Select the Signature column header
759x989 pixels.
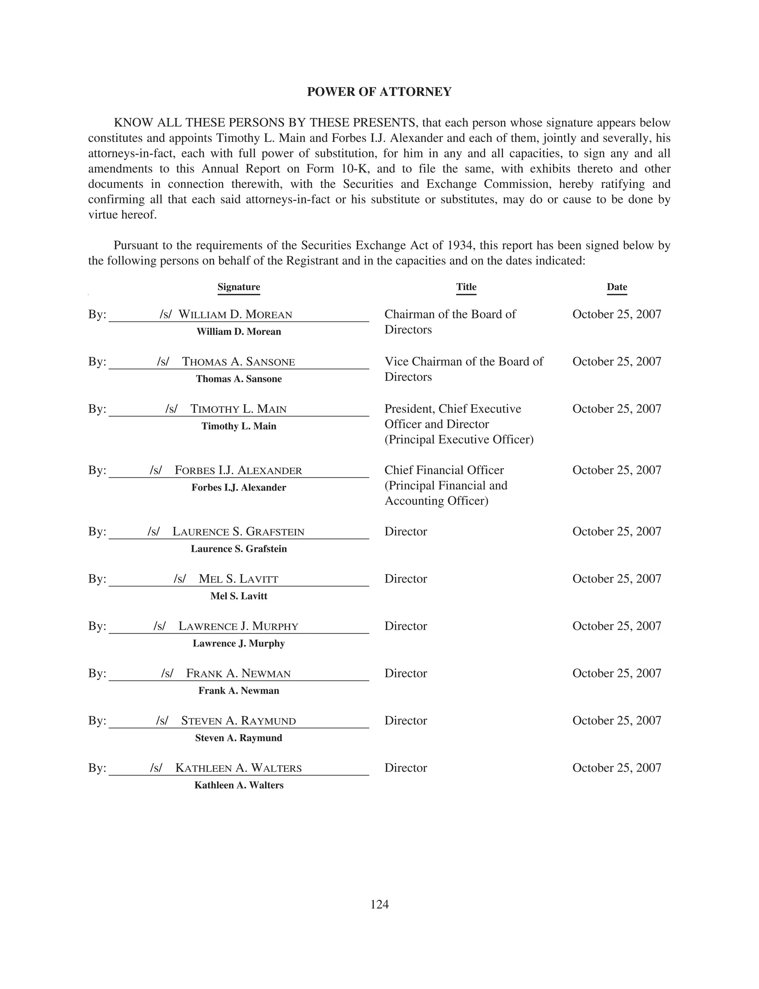(x=239, y=287)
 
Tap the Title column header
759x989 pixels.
(x=466, y=287)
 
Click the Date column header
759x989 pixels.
(x=617, y=287)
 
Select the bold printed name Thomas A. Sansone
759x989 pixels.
(x=239, y=379)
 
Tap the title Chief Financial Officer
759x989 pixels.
(x=444, y=470)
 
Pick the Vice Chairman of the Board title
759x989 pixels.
(x=464, y=361)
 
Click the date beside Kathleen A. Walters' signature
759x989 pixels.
(x=617, y=768)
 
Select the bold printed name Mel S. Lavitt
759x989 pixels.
(x=239, y=596)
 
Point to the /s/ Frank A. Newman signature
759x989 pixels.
(x=226, y=673)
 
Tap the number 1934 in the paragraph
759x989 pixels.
(x=461, y=245)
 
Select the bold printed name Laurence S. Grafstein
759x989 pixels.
(x=239, y=549)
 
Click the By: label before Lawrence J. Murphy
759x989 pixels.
(x=97, y=626)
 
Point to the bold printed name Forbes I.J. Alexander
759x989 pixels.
(x=239, y=487)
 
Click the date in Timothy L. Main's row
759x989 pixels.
(x=617, y=409)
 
